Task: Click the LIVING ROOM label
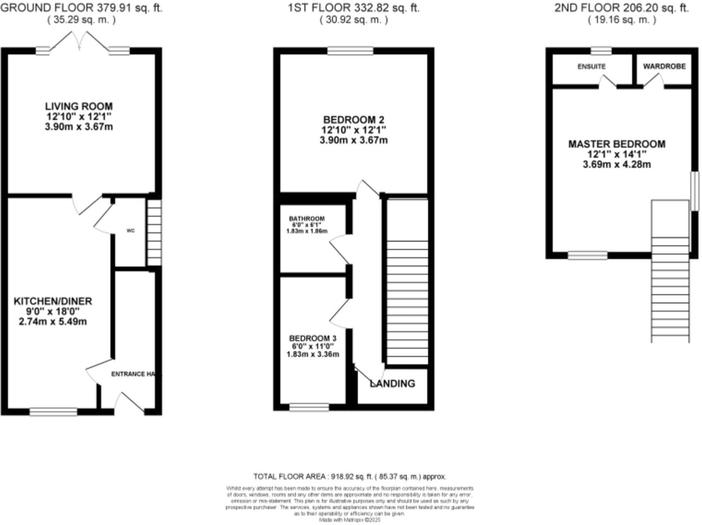tap(79, 106)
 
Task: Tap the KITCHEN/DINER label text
tap(53, 301)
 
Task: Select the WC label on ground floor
tap(131, 231)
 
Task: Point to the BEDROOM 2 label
tap(353, 120)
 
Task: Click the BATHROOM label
tap(307, 219)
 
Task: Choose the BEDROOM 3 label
tap(313, 338)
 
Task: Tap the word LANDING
tap(393, 384)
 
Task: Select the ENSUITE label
tap(591, 67)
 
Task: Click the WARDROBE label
tap(664, 66)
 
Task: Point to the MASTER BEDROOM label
tap(617, 144)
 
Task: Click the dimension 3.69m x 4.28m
tap(617, 164)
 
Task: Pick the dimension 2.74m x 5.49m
tap(53, 322)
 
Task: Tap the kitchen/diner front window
tap(53, 412)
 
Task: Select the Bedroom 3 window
tap(309, 407)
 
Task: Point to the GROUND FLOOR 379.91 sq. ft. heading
tap(81, 8)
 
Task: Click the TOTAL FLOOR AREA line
tap(350, 477)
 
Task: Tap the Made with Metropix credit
tap(350, 520)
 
